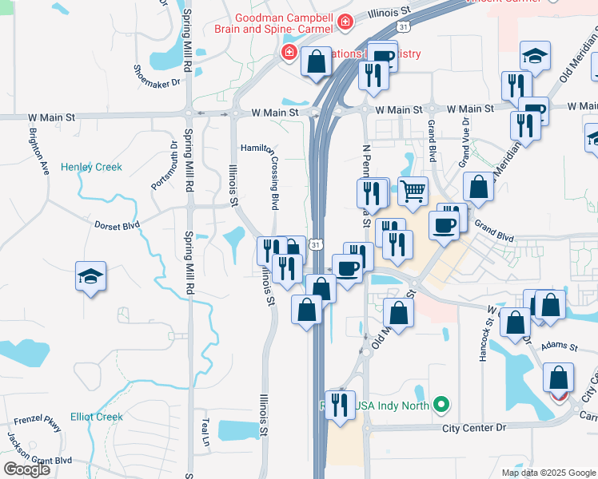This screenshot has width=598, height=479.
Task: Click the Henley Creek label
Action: tap(92, 167)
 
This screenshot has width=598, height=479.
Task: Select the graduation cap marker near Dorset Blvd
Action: tap(91, 276)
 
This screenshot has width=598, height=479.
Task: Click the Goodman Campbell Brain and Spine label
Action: tap(273, 23)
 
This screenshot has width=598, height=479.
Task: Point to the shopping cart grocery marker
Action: tap(413, 192)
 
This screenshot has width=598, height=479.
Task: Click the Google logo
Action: tap(26, 469)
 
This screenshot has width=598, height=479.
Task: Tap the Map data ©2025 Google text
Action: tap(548, 473)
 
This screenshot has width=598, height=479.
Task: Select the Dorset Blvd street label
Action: tap(116, 225)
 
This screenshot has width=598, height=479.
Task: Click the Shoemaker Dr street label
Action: tap(157, 76)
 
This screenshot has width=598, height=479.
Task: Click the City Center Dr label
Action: tap(475, 428)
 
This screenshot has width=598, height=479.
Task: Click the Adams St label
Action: tap(558, 346)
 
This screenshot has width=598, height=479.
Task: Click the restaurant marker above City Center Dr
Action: tap(342, 405)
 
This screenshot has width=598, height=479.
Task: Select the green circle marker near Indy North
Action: tap(439, 406)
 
